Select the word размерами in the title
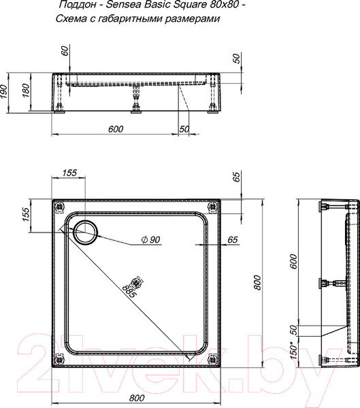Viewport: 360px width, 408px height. tap(192, 19)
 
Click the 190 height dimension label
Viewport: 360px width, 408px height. tap(4, 92)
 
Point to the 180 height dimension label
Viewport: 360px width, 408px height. tap(26, 90)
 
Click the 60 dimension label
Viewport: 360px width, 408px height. tap(65, 50)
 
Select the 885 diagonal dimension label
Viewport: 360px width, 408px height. tap(129, 291)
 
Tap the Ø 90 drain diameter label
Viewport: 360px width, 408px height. tap(150, 239)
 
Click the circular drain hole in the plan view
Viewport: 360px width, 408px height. tap(86, 232)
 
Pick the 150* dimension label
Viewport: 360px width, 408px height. tap(294, 352)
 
